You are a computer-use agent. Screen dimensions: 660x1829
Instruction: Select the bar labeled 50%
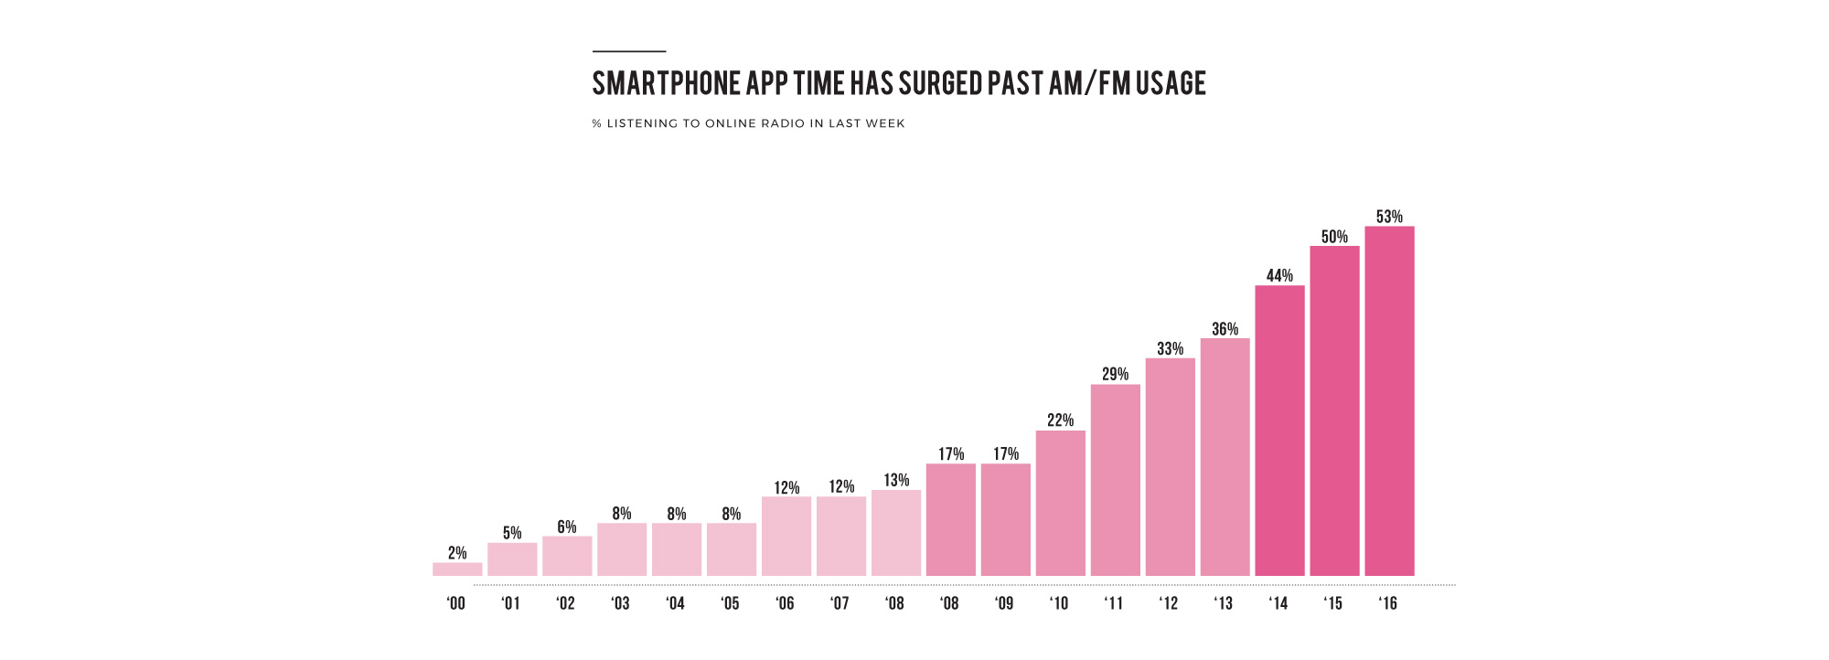[1334, 410]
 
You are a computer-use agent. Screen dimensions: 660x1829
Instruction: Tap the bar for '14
[1279, 431]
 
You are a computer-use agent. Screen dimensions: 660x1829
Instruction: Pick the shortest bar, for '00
[457, 569]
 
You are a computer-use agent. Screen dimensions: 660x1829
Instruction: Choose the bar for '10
[1061, 503]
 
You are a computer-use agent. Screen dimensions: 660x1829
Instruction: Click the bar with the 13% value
[896, 533]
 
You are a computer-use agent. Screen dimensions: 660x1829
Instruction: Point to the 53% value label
[1389, 217]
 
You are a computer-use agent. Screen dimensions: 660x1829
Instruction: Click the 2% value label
[457, 553]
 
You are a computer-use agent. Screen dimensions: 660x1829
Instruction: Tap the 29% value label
[1115, 374]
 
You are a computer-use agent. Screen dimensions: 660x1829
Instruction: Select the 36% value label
[1225, 329]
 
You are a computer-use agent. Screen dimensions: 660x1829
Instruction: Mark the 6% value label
[567, 527]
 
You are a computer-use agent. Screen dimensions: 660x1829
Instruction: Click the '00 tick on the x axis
[455, 603]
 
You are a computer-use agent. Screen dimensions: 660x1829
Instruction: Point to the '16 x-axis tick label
[1387, 603]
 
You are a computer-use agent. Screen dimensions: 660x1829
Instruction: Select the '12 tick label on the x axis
[1168, 603]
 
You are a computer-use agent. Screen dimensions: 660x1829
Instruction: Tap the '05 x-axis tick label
[730, 603]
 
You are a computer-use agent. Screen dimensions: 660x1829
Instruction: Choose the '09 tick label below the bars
[1003, 603]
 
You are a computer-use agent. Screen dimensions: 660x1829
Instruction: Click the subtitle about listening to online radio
[748, 123]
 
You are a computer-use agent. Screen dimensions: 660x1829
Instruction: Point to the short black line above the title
[629, 51]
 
